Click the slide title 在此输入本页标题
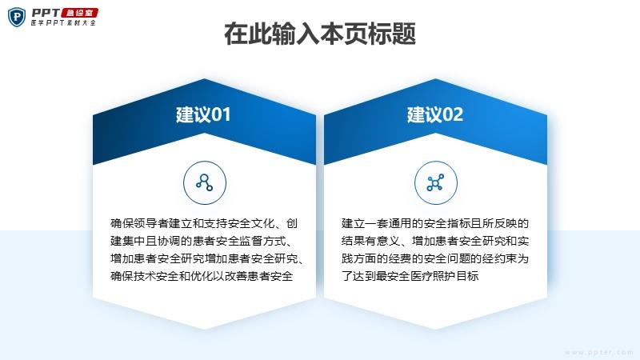[x=320, y=34]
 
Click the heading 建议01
[x=203, y=114]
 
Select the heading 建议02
[x=435, y=114]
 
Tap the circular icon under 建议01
[x=205, y=182]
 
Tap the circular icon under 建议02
[x=435, y=182]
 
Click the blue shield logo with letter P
[x=17, y=18]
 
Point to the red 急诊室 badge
[x=79, y=13]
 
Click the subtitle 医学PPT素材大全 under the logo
[x=63, y=23]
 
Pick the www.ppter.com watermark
[x=599, y=352]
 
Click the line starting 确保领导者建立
[x=204, y=223]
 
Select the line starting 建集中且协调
[x=202, y=241]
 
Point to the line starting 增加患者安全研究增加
[x=207, y=258]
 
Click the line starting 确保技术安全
[x=202, y=276]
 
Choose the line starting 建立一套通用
[x=435, y=223]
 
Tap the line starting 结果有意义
[x=435, y=241]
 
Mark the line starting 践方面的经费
[x=435, y=258]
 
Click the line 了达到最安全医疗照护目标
[x=410, y=276]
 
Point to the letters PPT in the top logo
[x=46, y=13]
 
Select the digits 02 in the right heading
[x=452, y=115]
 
